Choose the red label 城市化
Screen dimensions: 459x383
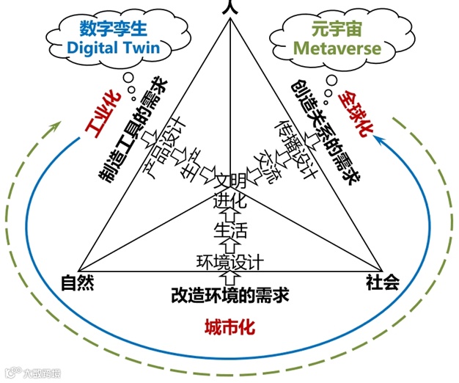click(x=229, y=327)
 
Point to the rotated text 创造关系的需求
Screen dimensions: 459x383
click(x=322, y=129)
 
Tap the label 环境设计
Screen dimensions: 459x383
click(x=230, y=261)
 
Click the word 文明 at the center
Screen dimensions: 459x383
click(x=230, y=180)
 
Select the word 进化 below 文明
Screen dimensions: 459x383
click(x=230, y=199)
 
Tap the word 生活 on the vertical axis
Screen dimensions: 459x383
click(x=230, y=230)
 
